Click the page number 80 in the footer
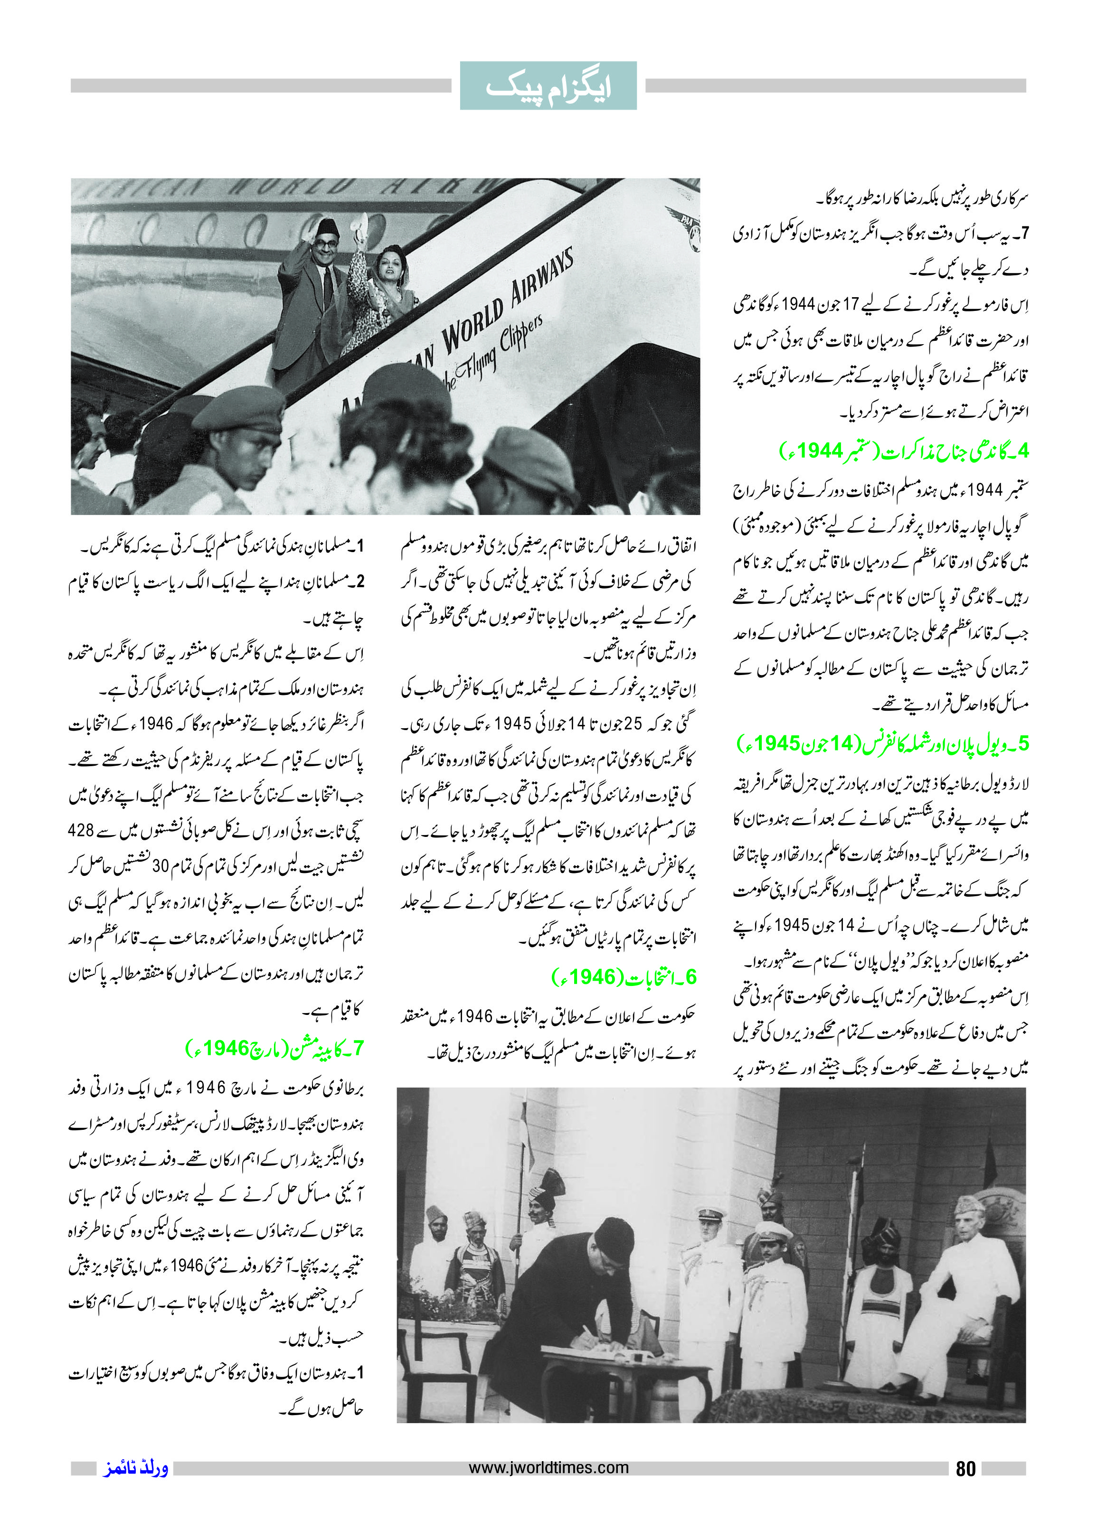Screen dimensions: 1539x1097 click(965, 1469)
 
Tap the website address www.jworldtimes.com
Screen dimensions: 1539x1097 click(548, 1467)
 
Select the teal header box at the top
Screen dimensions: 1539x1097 click(548, 86)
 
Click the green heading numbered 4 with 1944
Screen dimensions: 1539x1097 click(904, 450)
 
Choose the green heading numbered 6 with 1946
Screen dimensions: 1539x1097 click(624, 976)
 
